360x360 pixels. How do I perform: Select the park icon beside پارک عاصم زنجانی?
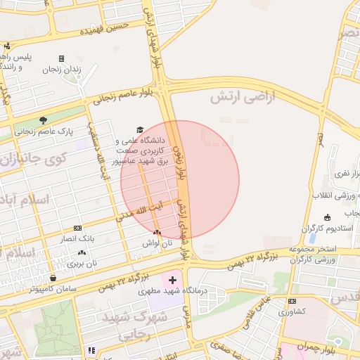pyautogui.click(x=44, y=120)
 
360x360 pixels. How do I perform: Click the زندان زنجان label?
pyautogui.click(x=84, y=69)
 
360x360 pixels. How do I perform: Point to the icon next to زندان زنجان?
pyautogui.click(x=61, y=58)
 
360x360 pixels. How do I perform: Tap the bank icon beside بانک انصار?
pyautogui.click(x=77, y=228)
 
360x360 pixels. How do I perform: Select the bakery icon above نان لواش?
pyautogui.click(x=156, y=232)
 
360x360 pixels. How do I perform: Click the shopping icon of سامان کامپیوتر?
pyautogui.click(x=53, y=277)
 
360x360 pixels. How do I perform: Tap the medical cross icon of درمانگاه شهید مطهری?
pyautogui.click(x=172, y=280)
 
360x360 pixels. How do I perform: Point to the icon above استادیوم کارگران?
pyautogui.click(x=327, y=217)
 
